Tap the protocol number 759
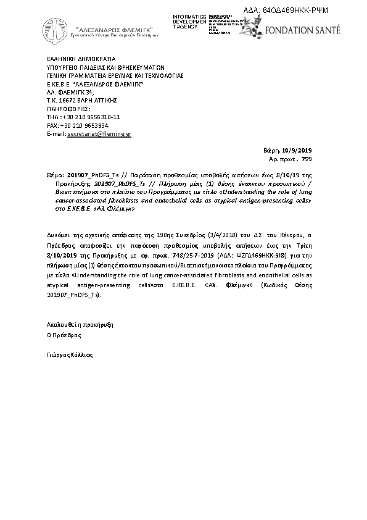pos(307,159)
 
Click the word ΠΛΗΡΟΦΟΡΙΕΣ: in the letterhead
pos(68,108)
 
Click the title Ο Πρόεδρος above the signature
pos(64,336)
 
